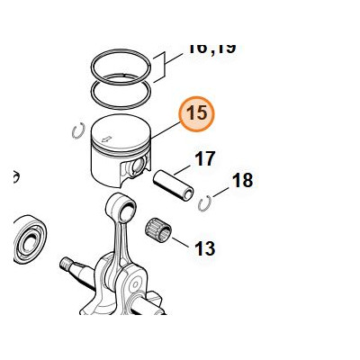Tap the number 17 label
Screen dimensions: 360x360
tap(205, 159)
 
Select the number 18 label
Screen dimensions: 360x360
tap(242, 181)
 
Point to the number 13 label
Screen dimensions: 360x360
tap(204, 247)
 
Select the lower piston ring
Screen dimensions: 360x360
tap(121, 90)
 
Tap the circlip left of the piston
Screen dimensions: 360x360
tap(77, 130)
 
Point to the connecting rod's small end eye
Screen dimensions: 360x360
tap(118, 208)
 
